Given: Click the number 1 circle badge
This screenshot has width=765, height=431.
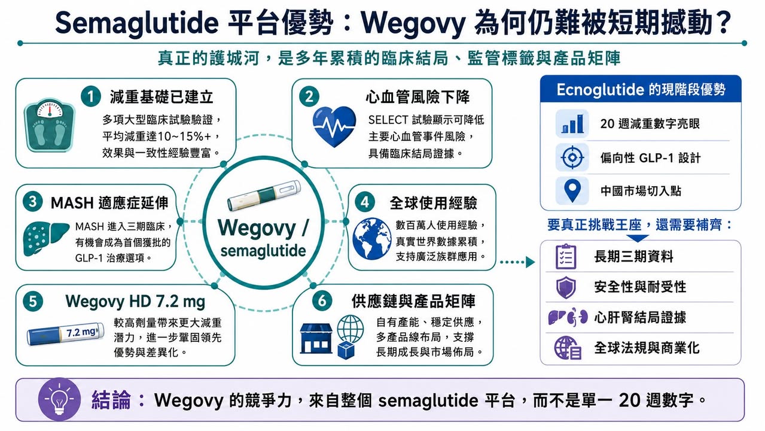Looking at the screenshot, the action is (91, 96).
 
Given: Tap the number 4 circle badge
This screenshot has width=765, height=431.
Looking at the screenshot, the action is (365, 202).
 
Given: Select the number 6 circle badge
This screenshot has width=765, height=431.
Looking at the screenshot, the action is (322, 301).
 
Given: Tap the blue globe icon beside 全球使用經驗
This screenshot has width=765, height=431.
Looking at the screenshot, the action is (371, 239).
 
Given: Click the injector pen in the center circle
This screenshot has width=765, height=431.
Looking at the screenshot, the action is (264, 196).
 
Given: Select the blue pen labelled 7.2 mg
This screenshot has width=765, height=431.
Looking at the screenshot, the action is (65, 333).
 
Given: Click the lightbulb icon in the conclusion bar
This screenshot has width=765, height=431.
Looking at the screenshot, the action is (59, 399).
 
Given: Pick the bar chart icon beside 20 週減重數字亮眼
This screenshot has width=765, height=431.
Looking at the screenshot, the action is (572, 123).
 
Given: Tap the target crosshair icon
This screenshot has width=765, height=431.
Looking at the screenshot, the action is (572, 157).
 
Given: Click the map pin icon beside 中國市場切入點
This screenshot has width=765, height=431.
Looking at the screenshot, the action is (572, 190).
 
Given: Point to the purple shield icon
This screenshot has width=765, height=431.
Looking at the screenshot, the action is (566, 287).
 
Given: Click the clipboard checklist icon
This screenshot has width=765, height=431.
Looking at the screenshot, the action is (566, 256).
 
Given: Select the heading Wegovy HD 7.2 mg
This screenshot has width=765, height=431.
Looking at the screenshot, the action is (135, 302).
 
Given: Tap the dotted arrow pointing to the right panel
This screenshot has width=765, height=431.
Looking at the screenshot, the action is (517, 262).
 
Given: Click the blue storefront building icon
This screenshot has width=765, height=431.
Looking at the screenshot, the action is (316, 338).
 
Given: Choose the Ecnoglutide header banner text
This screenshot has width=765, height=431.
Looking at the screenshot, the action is (641, 90).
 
